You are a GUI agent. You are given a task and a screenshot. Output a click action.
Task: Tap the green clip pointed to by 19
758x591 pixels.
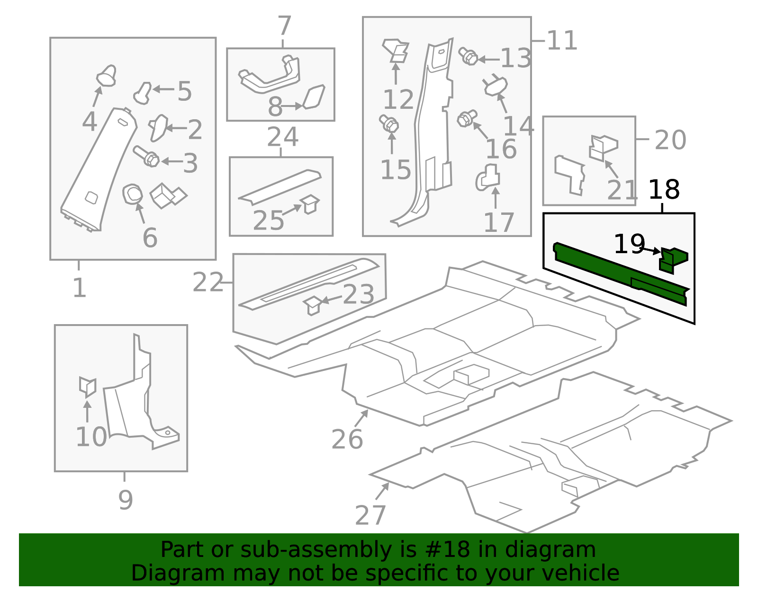click(673, 261)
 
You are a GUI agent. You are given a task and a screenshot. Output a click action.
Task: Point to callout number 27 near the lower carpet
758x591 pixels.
click(370, 515)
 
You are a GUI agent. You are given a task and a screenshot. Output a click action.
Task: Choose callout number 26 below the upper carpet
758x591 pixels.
click(347, 440)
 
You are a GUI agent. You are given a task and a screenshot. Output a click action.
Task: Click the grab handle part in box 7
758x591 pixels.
click(269, 74)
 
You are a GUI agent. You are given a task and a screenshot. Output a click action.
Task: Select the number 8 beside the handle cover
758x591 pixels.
click(275, 106)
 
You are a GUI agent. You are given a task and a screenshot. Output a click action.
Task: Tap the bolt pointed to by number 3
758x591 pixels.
click(146, 156)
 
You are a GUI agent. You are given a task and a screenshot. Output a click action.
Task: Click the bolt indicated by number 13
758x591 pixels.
click(468, 56)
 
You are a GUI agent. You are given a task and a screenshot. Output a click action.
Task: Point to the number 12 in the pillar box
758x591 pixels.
click(398, 99)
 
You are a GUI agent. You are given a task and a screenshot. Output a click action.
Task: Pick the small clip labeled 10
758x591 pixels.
click(88, 387)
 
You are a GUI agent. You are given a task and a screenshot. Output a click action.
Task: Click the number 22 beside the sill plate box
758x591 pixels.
click(208, 282)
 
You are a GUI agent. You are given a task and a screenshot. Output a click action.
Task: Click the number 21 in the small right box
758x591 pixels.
click(622, 190)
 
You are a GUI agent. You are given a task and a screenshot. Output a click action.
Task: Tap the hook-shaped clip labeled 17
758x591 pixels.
click(488, 177)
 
